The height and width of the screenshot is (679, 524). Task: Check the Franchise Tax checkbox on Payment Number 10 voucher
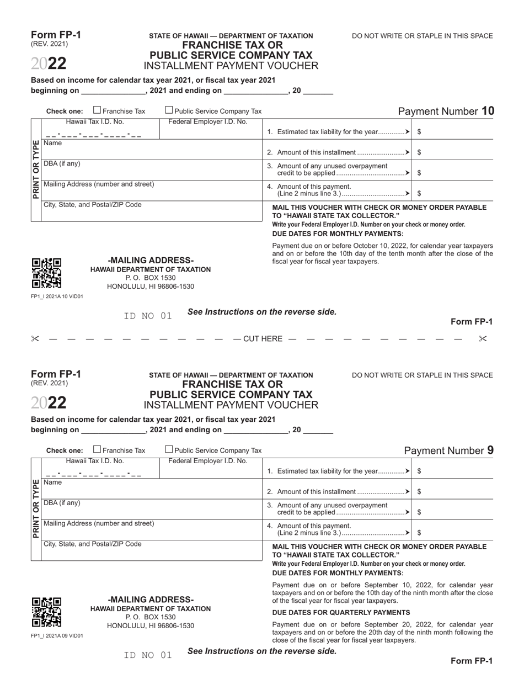click(x=97, y=110)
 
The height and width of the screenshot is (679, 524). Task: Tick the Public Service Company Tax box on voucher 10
click(x=169, y=110)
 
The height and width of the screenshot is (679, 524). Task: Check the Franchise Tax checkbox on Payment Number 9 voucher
click(x=97, y=449)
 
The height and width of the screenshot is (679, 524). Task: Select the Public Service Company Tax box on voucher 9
click(x=169, y=449)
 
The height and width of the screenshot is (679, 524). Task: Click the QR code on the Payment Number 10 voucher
click(x=46, y=273)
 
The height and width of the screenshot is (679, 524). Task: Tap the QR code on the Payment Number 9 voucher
click(x=46, y=612)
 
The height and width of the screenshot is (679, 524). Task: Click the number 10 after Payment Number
click(x=488, y=111)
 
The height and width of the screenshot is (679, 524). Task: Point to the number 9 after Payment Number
click(x=490, y=450)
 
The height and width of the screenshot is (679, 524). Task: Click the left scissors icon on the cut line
click(x=35, y=339)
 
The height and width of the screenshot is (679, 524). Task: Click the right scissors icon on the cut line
click(x=483, y=339)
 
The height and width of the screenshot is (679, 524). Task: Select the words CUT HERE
click(x=263, y=339)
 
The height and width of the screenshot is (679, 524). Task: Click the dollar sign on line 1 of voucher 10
click(x=420, y=132)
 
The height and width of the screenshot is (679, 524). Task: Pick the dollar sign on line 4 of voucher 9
click(x=420, y=533)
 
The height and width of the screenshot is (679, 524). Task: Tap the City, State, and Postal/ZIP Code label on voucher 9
click(x=92, y=544)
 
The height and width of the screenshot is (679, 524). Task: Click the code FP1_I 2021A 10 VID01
click(x=57, y=296)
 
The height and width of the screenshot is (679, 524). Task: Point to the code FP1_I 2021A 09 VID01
click(x=57, y=635)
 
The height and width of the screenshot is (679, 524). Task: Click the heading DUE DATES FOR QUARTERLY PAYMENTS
click(x=341, y=612)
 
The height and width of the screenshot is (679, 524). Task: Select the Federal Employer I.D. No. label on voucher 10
click(x=207, y=121)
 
